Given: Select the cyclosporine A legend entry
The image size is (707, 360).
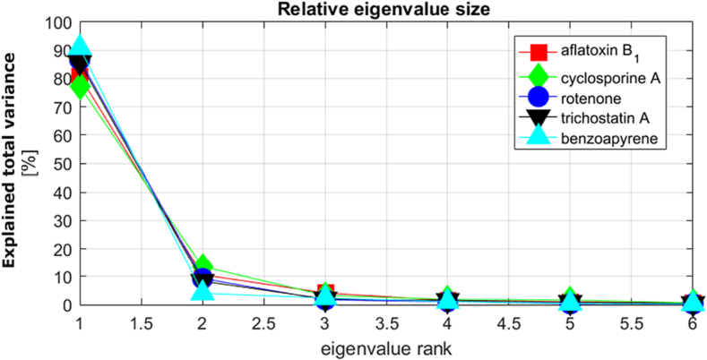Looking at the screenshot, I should click(x=611, y=79).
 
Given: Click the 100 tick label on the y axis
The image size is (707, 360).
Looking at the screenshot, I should click(x=56, y=21).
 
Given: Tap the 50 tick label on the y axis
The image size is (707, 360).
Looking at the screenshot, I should click(x=59, y=163).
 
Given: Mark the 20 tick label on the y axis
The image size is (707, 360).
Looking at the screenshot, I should click(x=59, y=248).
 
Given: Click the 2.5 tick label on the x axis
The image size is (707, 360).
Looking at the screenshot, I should click(x=263, y=321).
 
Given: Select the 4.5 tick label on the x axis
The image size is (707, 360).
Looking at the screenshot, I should click(x=509, y=321).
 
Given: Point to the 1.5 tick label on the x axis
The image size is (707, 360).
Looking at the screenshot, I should click(x=141, y=321).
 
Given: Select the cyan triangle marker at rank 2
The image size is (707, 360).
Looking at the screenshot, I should click(x=203, y=291).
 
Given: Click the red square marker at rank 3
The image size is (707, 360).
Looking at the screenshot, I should click(x=326, y=293).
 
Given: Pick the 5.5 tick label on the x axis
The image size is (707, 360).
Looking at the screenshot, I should click(x=632, y=321).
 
